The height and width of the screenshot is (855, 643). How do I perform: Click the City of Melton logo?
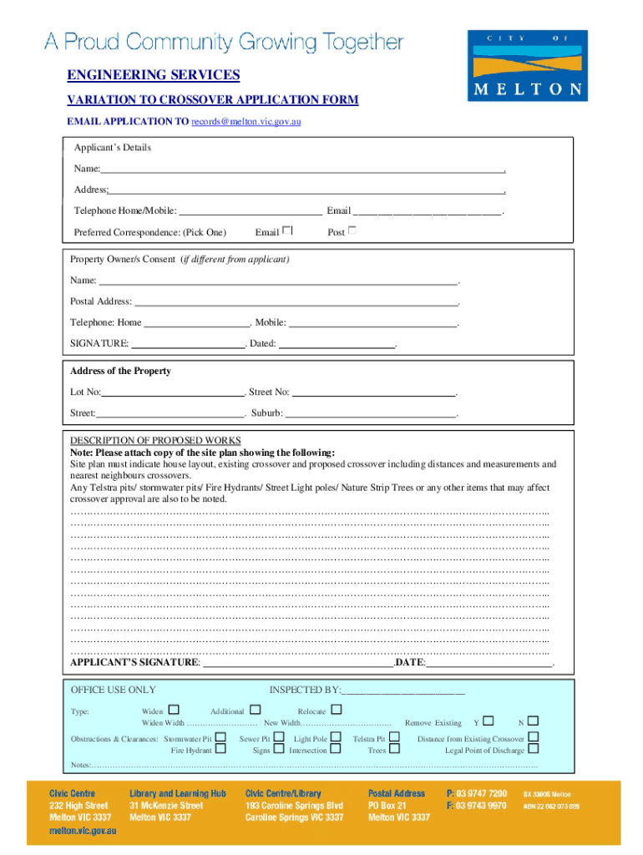527,66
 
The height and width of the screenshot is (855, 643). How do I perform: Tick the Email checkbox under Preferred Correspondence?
287,230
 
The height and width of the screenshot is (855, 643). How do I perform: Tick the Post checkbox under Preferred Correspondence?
352,230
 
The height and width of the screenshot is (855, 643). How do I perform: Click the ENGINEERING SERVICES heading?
153,76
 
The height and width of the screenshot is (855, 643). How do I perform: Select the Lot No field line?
172,392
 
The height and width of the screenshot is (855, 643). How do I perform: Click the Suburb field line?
371,413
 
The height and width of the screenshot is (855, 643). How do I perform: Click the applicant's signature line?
298,663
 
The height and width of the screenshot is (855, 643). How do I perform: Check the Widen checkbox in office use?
174,710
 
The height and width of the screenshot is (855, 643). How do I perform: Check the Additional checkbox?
256,710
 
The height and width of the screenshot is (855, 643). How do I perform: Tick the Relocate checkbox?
337,710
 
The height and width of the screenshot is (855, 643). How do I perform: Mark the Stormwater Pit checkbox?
220,737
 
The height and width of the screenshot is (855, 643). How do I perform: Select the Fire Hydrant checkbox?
220,749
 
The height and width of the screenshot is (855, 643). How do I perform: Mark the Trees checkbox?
394,749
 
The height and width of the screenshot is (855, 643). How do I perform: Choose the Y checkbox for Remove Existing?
489,721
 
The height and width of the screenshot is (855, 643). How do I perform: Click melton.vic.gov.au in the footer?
83,832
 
